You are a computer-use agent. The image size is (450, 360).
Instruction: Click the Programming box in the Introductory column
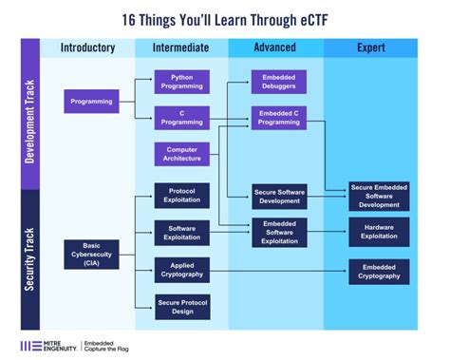pyautogui.click(x=92, y=101)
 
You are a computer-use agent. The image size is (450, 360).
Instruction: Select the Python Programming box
pyautogui.click(x=182, y=82)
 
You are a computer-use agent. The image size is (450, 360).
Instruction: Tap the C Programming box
pyautogui.click(x=182, y=119)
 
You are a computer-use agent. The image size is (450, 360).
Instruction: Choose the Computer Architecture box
pyautogui.click(x=182, y=155)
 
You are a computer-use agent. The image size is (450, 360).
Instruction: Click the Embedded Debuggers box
pyautogui.click(x=279, y=82)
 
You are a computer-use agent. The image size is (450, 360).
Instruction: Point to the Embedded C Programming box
pyautogui.click(x=279, y=119)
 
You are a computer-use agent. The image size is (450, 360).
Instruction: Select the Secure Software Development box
pyautogui.click(x=279, y=196)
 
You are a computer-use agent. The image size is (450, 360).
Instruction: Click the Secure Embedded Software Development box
pyautogui.click(x=379, y=196)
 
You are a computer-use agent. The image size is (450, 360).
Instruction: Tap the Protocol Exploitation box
pyautogui.click(x=182, y=196)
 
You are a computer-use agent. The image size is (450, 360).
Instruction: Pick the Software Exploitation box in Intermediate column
pyautogui.click(x=182, y=233)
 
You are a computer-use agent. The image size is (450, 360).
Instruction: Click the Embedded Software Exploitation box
pyautogui.click(x=279, y=233)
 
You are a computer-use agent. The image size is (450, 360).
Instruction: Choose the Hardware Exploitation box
pyautogui.click(x=379, y=233)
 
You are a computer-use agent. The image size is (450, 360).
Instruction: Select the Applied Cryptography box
pyautogui.click(x=182, y=270)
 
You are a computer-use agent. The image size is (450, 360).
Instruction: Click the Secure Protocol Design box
pyautogui.click(x=182, y=306)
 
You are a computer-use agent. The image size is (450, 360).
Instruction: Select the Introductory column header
pyautogui.click(x=88, y=47)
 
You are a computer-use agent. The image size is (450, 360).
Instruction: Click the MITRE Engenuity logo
pyautogui.click(x=47, y=345)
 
